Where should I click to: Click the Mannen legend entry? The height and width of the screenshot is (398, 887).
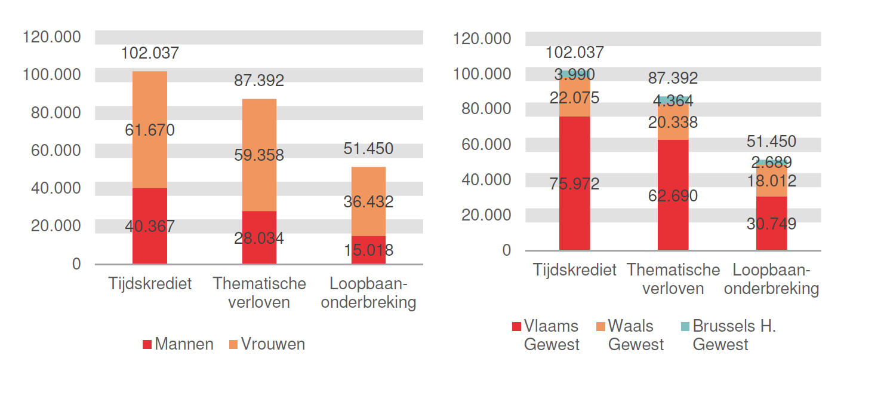click(x=178, y=344)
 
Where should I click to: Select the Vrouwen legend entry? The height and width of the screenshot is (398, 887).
click(x=266, y=344)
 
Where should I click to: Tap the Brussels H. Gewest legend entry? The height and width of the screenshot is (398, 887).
click(x=728, y=335)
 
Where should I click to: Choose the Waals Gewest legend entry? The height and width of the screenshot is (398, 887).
click(x=630, y=335)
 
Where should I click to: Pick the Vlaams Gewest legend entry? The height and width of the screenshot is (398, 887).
click(x=546, y=335)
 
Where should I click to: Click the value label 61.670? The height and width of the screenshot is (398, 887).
click(x=150, y=130)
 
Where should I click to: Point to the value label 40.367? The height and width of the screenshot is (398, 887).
click(x=150, y=226)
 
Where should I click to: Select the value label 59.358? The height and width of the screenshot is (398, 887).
click(x=259, y=155)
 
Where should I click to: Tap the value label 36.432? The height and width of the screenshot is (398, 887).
click(x=368, y=202)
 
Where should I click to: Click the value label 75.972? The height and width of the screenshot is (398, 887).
click(x=574, y=184)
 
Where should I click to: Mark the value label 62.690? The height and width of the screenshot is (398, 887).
click(x=673, y=195)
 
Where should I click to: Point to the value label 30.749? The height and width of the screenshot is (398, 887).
click(x=771, y=224)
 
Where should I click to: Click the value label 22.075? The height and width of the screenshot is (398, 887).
click(x=574, y=98)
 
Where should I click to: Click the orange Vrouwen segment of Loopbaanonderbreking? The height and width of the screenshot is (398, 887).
click(x=368, y=185)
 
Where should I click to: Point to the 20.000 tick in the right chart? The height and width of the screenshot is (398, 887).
click(x=486, y=215)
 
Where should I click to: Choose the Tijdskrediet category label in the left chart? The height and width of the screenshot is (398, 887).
click(x=150, y=283)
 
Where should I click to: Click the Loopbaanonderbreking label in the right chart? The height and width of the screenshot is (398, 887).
click(x=775, y=279)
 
